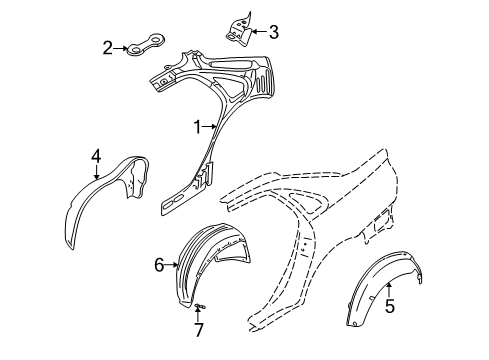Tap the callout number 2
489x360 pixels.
(x=108, y=46)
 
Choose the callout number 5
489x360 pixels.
(x=390, y=307)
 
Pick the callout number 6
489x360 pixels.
(x=158, y=264)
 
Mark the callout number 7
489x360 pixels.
(x=198, y=328)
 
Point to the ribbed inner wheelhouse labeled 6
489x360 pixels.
(x=205, y=270)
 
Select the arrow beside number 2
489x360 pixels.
(x=121, y=46)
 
